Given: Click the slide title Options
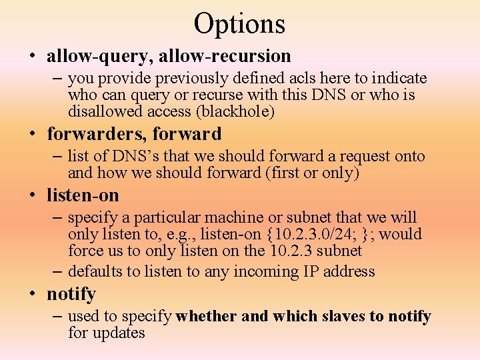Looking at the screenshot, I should [239, 24].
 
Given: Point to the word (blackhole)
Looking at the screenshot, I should [238, 112].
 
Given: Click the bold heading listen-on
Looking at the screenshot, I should [83, 195].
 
